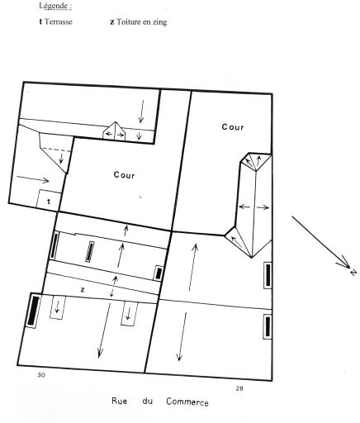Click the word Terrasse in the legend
point(59,21)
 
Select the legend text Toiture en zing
point(142,22)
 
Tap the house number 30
point(41,375)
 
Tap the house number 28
point(239,388)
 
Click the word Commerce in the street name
point(187,402)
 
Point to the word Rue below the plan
point(120,401)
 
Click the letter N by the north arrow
point(353,272)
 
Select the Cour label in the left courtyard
point(124,175)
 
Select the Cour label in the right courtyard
point(233,127)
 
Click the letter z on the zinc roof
point(83,290)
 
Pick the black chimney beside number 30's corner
point(34,311)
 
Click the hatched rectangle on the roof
point(90,252)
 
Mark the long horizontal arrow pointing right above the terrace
point(32,178)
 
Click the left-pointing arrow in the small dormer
point(109,135)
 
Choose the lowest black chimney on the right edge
point(268,326)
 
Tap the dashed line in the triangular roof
point(57,150)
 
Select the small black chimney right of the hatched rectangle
point(159,273)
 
